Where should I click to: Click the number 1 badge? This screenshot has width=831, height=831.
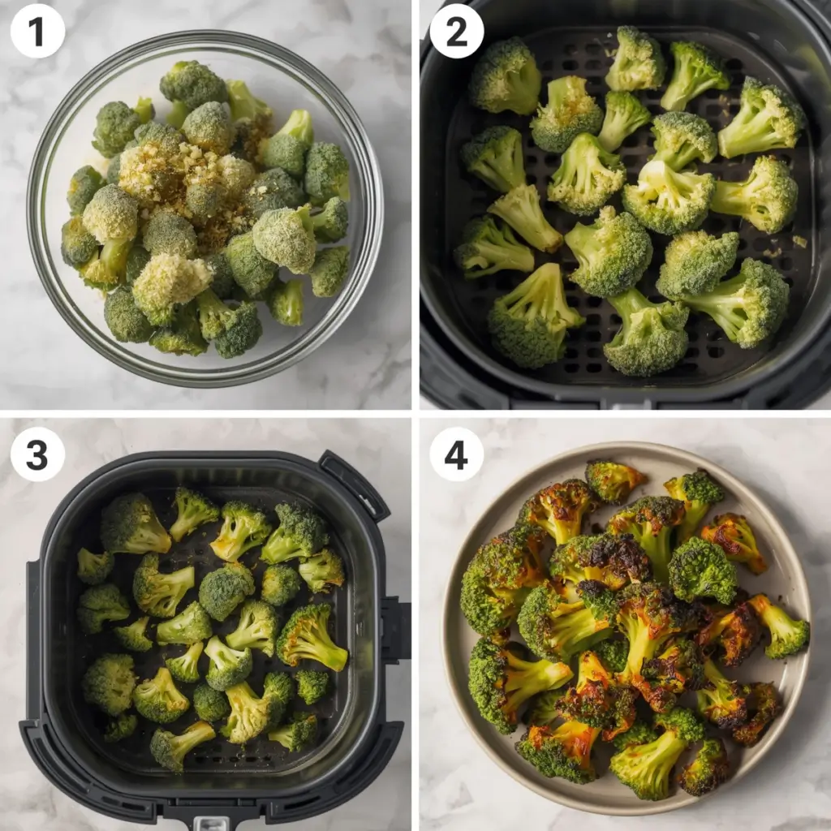[37, 31]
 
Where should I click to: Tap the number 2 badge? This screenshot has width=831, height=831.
[456, 31]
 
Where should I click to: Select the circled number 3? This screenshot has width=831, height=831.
[37, 454]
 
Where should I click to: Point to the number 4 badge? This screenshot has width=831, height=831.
[456, 454]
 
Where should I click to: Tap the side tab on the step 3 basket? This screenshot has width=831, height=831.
[396, 629]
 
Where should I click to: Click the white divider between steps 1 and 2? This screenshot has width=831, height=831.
[415, 203]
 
